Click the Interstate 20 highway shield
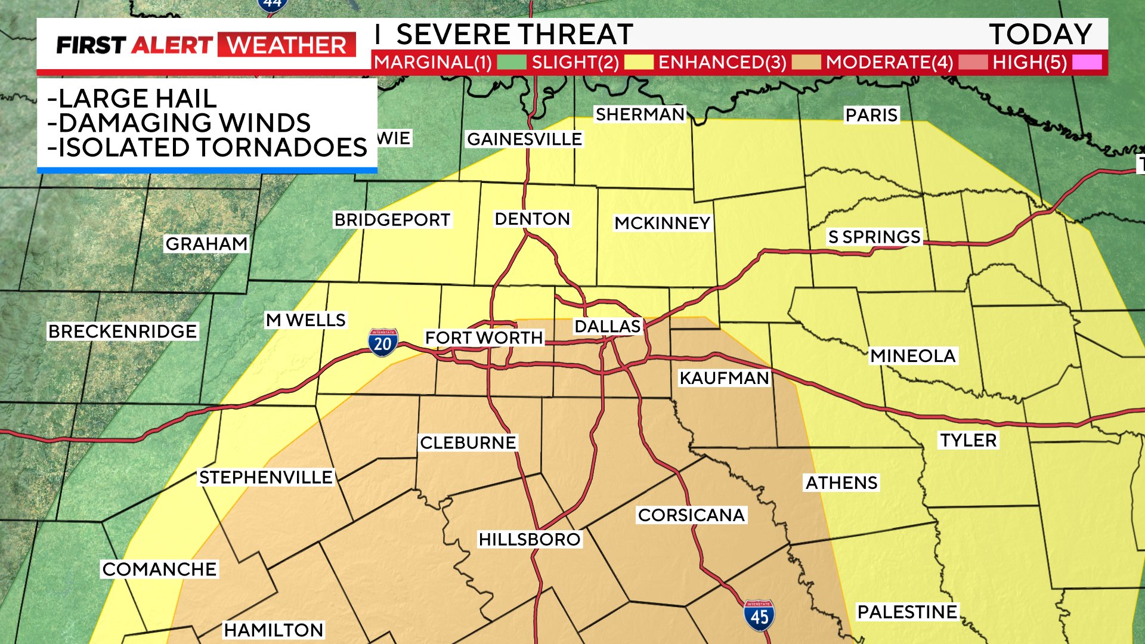[382, 343]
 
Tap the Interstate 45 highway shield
[759, 616]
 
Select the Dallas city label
[607, 326]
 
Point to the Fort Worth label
[484, 338]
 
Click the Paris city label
[871, 114]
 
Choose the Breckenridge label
[122, 331]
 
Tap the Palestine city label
[907, 612]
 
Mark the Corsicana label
[691, 515]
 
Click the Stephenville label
[266, 477]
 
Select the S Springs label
[874, 237]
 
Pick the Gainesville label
[524, 139]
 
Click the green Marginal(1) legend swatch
[511, 62]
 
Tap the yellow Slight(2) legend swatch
[638, 62]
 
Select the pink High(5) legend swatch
[1087, 62]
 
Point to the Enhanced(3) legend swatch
[806, 62]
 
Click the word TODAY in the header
[1040, 34]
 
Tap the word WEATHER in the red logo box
[287, 45]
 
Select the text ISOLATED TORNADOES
[212, 147]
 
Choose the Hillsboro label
[529, 540]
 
